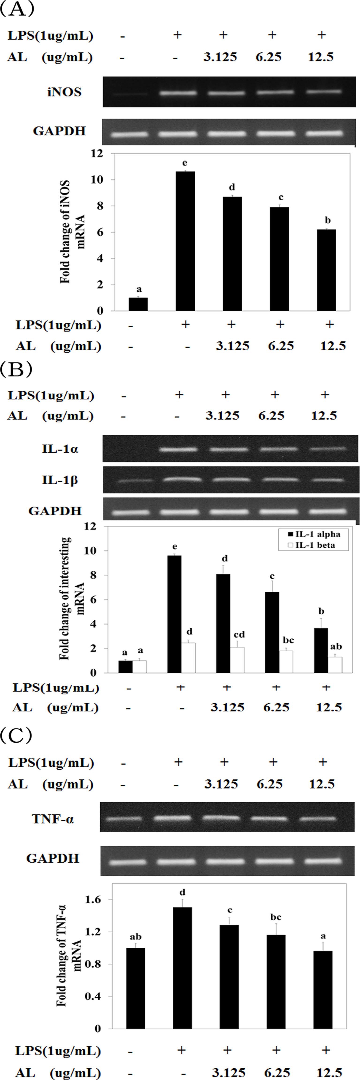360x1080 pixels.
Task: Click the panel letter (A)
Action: click(16, 9)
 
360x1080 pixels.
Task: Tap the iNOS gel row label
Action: click(64, 92)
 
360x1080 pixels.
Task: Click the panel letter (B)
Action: click(16, 369)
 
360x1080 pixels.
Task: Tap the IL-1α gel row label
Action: click(60, 449)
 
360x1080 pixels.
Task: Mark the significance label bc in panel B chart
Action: click(288, 640)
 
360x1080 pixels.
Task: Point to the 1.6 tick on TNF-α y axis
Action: click(93, 900)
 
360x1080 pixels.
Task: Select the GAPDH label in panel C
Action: click(53, 858)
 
